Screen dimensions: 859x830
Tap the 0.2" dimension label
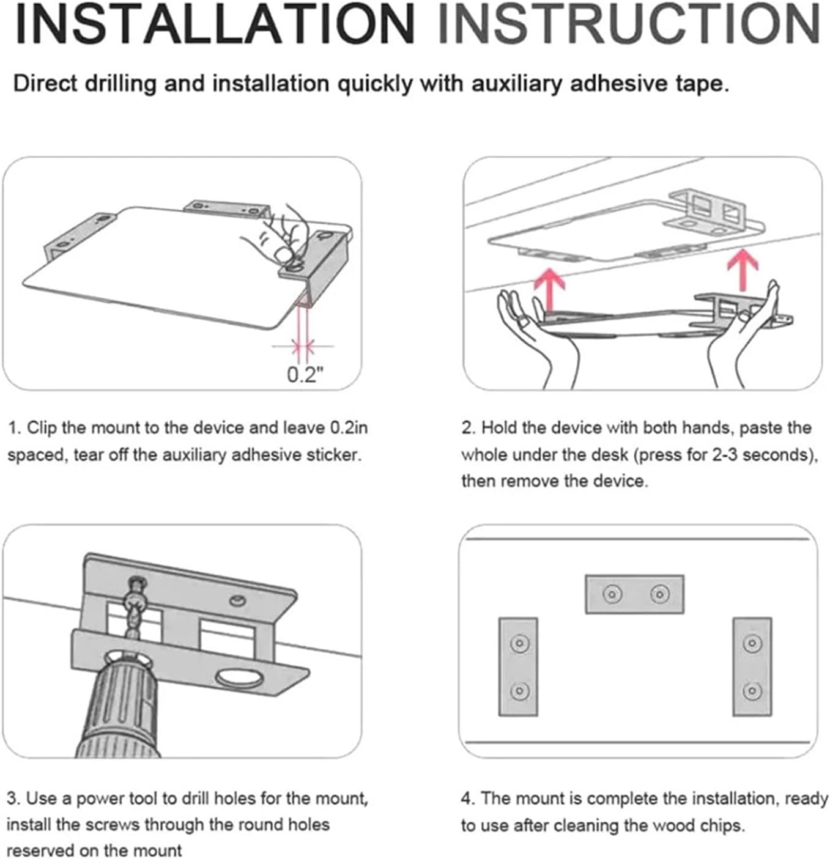pos(304,374)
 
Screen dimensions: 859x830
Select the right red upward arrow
pos(743,270)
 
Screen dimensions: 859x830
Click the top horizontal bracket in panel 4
pos(634,594)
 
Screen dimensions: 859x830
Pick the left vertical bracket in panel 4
pos(518,666)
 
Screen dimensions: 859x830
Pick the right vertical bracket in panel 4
pos(752,666)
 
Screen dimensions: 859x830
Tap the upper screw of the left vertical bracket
pos(519,643)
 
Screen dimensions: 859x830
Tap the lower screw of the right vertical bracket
pos(752,691)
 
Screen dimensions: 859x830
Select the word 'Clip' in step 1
pos(42,428)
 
